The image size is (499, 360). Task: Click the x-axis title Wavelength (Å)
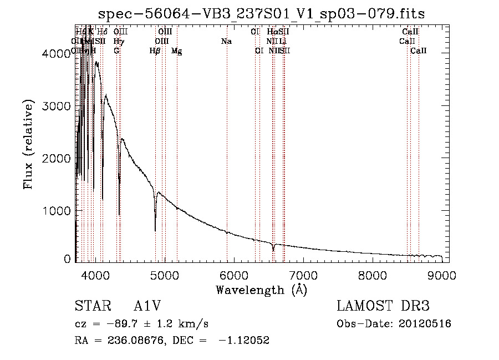click(261, 290)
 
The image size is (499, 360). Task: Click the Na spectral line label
click(226, 42)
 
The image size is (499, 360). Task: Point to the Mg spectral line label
click(176, 51)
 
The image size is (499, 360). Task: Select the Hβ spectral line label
click(155, 51)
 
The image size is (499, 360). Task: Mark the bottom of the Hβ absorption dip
click(155, 230)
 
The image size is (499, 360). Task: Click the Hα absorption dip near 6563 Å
click(273, 250)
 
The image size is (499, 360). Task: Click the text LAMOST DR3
click(383, 307)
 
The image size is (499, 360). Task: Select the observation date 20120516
click(425, 324)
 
